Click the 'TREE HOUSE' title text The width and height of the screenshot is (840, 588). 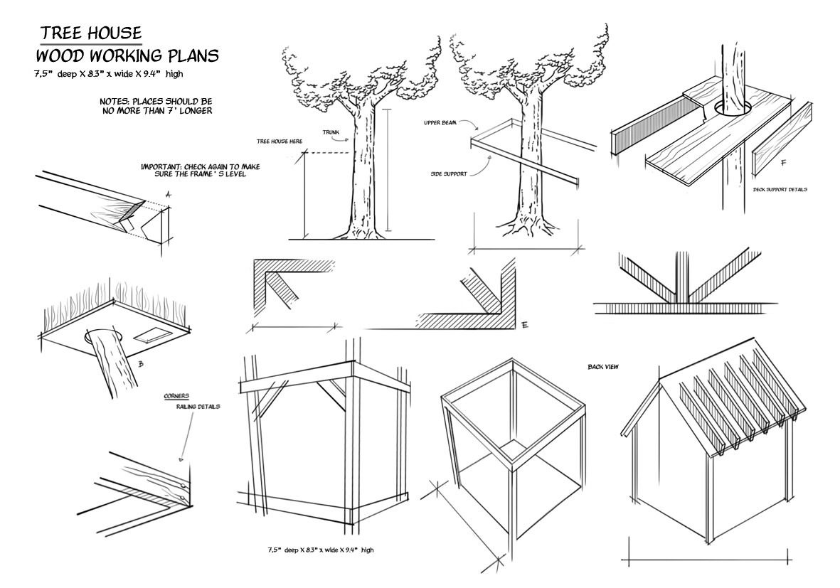coord(90,33)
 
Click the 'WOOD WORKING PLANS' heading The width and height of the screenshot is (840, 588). coord(127,55)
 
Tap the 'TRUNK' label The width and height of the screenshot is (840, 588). coord(332,132)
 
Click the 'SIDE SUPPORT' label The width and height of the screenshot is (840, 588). coord(449,173)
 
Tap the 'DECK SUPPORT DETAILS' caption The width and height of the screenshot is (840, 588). coord(780,190)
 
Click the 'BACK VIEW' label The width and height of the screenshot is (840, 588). coord(603,366)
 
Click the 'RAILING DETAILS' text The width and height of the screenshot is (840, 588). coord(198,407)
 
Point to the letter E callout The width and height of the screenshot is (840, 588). coord(524,326)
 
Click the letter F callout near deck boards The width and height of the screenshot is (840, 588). coord(782,163)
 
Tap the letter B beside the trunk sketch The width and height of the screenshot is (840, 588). coord(141,365)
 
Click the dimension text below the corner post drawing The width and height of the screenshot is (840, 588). coord(320,550)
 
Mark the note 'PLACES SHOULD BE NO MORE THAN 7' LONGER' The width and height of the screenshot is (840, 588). coord(156,106)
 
